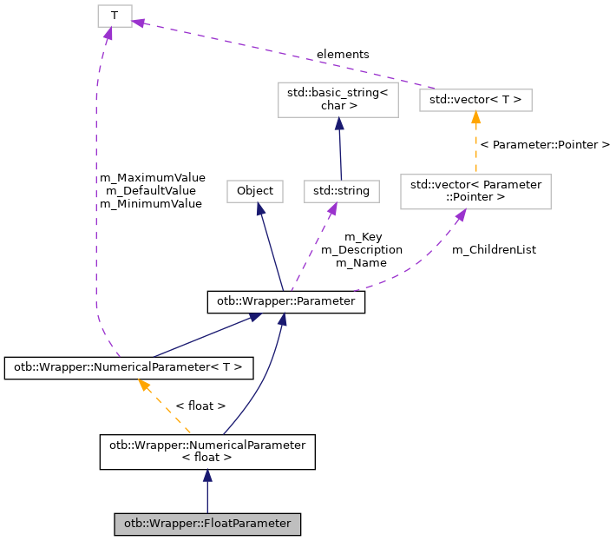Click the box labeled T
[x=115, y=16]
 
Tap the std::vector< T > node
[x=475, y=100]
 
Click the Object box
[x=255, y=191]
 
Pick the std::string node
[x=342, y=191]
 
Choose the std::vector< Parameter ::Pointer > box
[x=475, y=191]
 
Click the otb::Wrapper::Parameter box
[x=285, y=302]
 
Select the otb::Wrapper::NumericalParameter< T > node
[x=129, y=367]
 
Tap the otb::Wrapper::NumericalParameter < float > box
[x=206, y=452]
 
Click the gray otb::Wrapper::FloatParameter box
[x=207, y=524]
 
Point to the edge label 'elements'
[x=343, y=54]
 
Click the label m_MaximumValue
[x=153, y=177]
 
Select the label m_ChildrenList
[x=494, y=249]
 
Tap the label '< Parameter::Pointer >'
[x=545, y=144]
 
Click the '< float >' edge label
[x=200, y=406]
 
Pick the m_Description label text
[x=362, y=249]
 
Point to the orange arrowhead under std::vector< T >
[x=475, y=117]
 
